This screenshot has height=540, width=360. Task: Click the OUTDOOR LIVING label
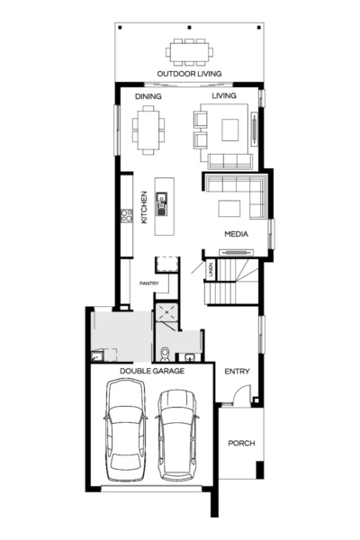pyautogui.click(x=189, y=74)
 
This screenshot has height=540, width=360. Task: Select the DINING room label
pyautogui.click(x=148, y=95)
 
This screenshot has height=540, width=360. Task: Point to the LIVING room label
pyautogui.click(x=223, y=95)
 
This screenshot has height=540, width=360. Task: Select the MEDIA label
pyautogui.click(x=236, y=236)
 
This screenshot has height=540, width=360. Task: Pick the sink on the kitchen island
pyautogui.click(x=163, y=205)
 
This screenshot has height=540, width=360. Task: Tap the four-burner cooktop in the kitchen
pyautogui.click(x=127, y=215)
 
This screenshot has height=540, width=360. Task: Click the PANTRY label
pyautogui.click(x=148, y=283)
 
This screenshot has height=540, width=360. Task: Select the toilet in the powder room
pyautogui.click(x=165, y=350)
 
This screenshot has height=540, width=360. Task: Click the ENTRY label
pyautogui.click(x=237, y=371)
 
